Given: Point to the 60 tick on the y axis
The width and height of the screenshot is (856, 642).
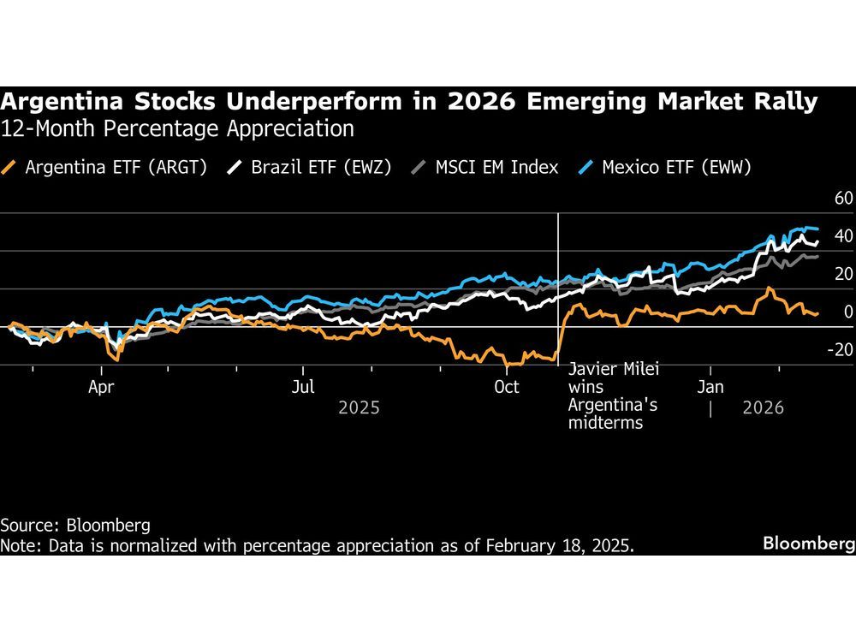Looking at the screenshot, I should [843, 199].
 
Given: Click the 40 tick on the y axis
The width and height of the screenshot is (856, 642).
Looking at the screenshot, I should [843, 236].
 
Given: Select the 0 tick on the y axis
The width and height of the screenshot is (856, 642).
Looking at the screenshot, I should [847, 312].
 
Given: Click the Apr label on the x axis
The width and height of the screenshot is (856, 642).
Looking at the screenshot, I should [102, 387].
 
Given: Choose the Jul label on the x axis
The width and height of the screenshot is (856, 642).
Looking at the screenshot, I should [304, 387].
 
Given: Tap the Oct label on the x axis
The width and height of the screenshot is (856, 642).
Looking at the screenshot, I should [507, 387].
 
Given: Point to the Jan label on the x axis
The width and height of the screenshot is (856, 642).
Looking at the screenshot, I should [710, 387].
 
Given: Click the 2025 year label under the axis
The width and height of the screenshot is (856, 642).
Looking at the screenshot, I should [359, 407].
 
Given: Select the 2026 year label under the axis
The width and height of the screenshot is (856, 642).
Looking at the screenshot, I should [764, 407].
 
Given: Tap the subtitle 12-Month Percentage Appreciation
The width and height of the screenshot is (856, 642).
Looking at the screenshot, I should [177, 129].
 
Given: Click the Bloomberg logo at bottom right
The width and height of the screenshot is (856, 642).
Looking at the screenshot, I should [809, 544].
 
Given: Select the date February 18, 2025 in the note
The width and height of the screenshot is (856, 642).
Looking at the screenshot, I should [562, 545].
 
